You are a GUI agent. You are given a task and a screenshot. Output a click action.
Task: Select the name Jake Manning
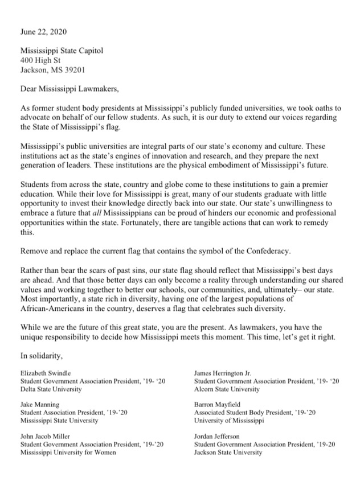point(39,404)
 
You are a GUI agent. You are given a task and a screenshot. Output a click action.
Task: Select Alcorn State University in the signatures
point(226,389)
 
